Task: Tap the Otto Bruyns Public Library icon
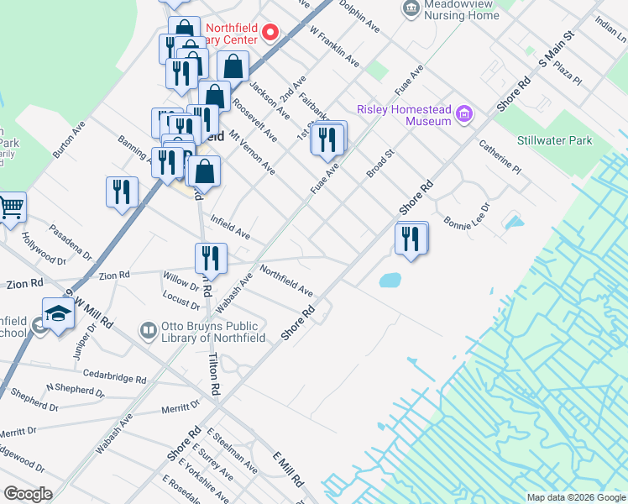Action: coord(149,331)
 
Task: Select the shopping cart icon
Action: coord(11,207)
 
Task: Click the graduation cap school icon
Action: coord(58,314)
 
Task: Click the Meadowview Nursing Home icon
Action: coord(411,8)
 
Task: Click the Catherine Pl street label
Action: coord(500,157)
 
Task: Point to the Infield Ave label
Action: coord(229,227)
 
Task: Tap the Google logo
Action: coord(28,493)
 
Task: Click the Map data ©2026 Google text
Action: coord(575,497)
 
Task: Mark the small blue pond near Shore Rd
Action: coord(389,280)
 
